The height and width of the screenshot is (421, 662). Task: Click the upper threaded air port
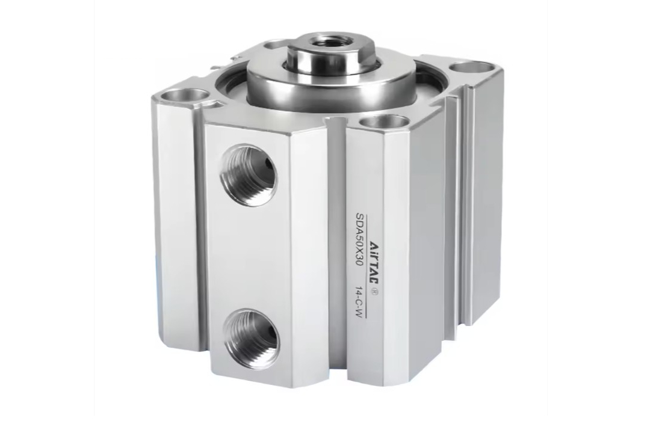249,173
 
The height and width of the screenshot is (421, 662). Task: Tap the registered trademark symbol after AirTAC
374,290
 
